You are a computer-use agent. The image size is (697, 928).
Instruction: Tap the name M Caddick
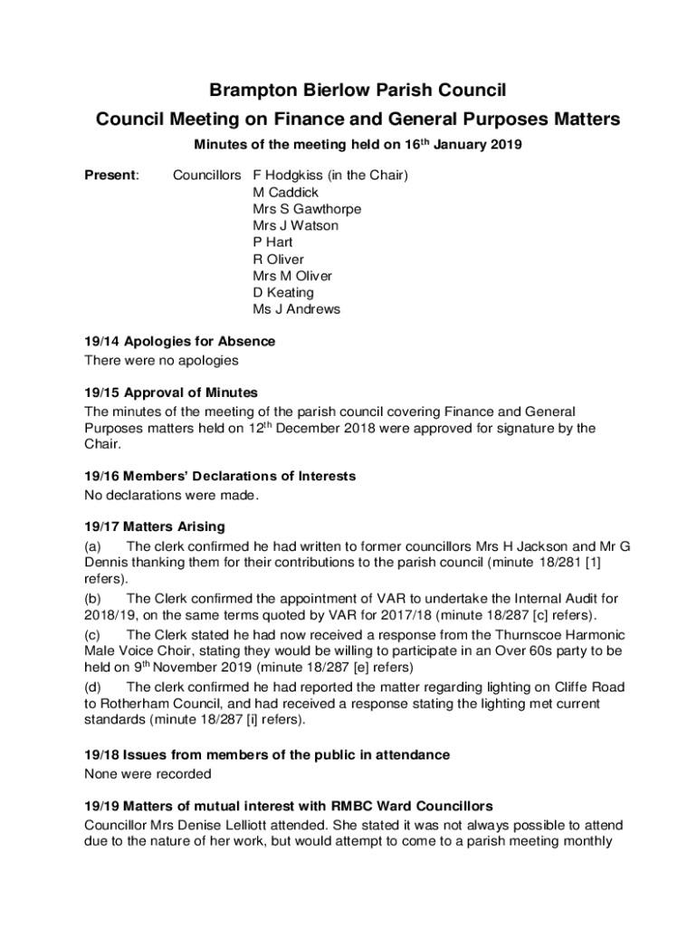click(286, 192)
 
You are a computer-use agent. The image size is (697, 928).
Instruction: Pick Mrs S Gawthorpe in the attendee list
click(307, 208)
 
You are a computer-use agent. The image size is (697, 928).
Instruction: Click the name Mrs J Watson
click(295, 226)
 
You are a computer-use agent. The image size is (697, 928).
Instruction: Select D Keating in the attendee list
click(283, 293)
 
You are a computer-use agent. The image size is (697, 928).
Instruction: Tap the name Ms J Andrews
click(297, 309)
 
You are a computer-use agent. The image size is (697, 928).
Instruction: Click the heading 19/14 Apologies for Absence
click(179, 342)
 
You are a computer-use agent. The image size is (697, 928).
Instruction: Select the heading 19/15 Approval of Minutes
click(171, 392)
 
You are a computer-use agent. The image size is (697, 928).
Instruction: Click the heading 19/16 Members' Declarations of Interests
click(220, 476)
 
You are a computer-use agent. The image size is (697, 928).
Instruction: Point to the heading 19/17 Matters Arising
click(154, 527)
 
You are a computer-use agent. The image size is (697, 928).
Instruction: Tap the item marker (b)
click(92, 598)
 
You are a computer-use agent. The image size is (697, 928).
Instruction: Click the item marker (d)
click(92, 687)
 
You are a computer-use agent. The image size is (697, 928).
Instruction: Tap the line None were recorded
click(148, 774)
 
